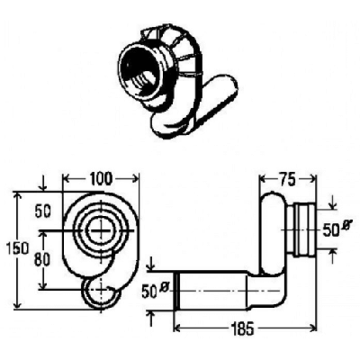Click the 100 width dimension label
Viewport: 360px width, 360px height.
point(101,179)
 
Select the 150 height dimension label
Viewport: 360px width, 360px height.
point(18,248)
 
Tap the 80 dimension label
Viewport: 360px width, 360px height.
point(42,260)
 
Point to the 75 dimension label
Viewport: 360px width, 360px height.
point(287,180)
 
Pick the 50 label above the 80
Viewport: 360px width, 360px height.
point(43,211)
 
